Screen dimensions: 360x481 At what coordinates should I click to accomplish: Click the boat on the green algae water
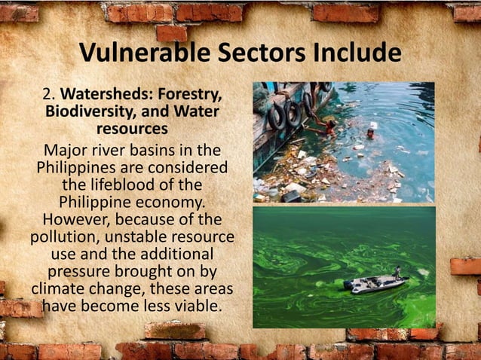375,284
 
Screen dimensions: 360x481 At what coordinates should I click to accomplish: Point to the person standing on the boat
397,272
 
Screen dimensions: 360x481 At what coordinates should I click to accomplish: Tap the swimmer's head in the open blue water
371,132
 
